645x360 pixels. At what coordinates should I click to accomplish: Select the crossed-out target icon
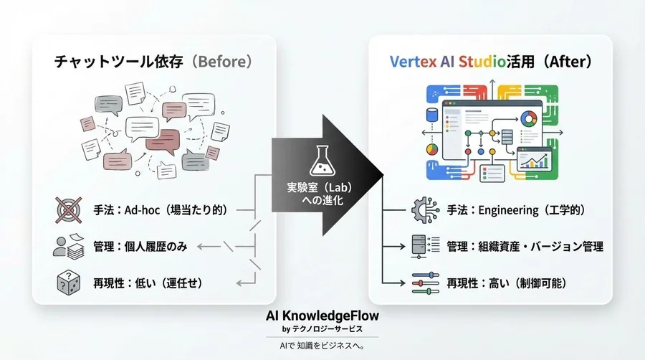click(69, 210)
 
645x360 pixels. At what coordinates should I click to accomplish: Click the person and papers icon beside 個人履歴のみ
click(69, 247)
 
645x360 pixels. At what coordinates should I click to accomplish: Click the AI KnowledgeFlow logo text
click(322, 316)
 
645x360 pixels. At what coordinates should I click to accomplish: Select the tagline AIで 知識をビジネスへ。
click(322, 346)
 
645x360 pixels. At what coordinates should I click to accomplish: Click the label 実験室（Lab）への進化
click(322, 195)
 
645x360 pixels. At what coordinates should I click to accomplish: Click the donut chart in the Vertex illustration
click(530, 119)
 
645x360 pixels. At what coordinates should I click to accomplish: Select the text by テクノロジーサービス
click(322, 329)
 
